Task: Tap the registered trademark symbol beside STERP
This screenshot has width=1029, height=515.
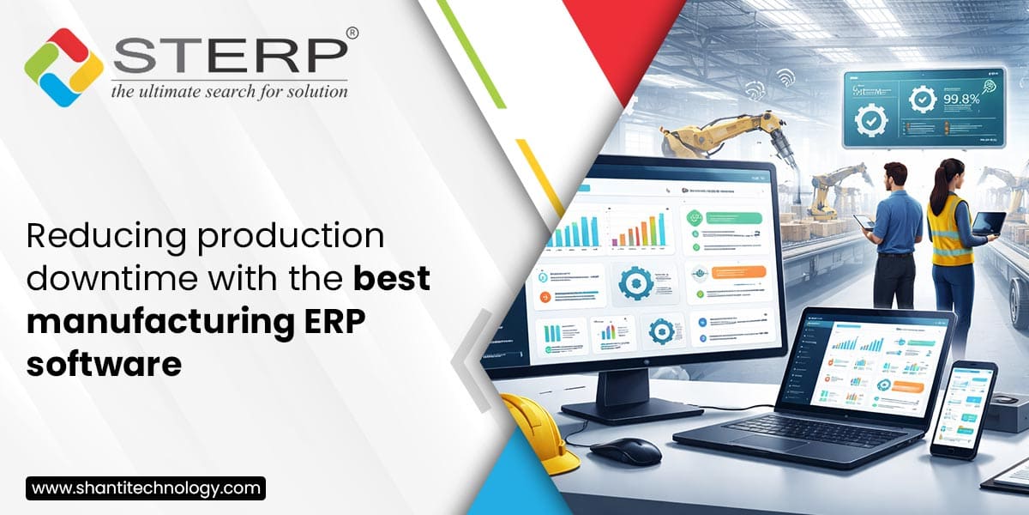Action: point(352,33)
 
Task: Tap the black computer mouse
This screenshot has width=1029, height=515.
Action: point(625,450)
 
